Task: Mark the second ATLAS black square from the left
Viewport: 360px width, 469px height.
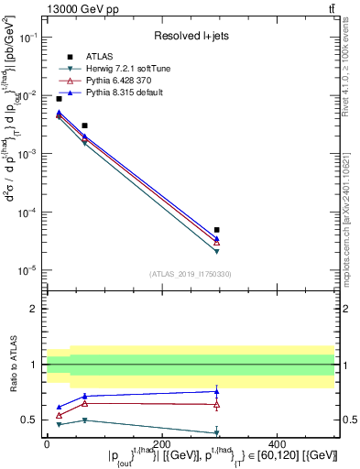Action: pyautogui.click(x=84, y=125)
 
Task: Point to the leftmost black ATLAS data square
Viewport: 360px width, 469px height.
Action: pyautogui.click(x=59, y=98)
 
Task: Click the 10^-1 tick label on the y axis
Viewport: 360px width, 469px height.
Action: pyautogui.click(x=28, y=38)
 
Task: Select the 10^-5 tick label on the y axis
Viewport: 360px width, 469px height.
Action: pyautogui.click(x=28, y=270)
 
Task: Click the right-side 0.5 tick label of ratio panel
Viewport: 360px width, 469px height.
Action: pyautogui.click(x=345, y=420)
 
